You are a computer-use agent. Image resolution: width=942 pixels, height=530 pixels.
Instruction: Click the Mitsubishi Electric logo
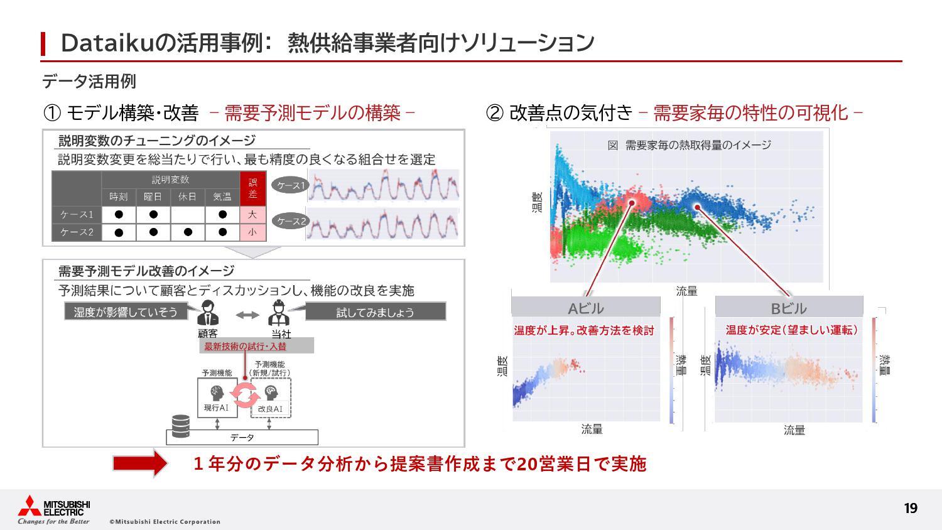tap(54, 509)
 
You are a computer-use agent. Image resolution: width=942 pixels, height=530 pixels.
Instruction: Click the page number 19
tap(910, 508)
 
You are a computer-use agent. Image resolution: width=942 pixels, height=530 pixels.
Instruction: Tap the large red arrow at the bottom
tap(139, 464)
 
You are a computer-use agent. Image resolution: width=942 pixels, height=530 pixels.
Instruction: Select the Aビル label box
tap(585, 308)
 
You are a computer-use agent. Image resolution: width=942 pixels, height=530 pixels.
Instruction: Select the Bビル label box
tap(789, 308)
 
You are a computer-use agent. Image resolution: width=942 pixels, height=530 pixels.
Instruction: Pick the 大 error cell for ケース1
tap(252, 215)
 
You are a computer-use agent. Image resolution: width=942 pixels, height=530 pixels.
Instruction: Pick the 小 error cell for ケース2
tap(252, 232)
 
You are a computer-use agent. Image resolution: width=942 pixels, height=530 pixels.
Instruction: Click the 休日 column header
tap(187, 197)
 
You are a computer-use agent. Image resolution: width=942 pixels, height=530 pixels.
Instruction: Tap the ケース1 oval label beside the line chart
tap(291, 186)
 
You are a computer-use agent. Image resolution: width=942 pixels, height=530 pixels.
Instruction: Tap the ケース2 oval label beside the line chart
tap(291, 222)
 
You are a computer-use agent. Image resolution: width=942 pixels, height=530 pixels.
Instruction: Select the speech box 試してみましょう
tap(375, 312)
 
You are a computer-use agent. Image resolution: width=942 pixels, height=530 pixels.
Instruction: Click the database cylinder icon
tap(180, 426)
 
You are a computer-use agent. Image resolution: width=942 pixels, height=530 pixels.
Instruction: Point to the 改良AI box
tap(271, 399)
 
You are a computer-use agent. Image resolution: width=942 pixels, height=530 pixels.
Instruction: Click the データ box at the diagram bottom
tap(242, 437)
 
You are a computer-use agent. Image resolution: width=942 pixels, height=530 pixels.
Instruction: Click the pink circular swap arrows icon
tap(244, 394)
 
